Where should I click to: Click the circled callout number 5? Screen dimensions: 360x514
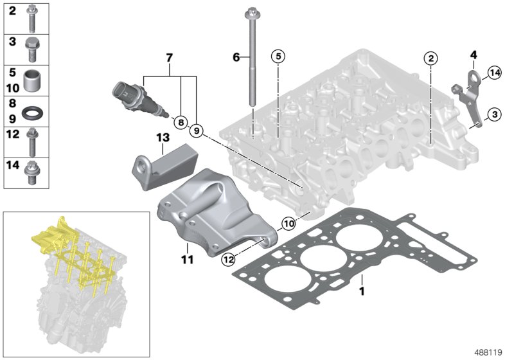tap(278, 57)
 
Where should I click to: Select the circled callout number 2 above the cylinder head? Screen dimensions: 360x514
tap(430, 59)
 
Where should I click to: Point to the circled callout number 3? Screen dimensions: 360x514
tap(493, 114)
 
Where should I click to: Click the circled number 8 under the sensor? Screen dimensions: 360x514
tap(179, 121)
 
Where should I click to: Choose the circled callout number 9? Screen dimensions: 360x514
tap(197, 130)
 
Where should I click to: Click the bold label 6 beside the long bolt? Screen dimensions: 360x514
tap(236, 57)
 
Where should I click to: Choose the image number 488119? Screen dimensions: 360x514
tap(490, 351)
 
